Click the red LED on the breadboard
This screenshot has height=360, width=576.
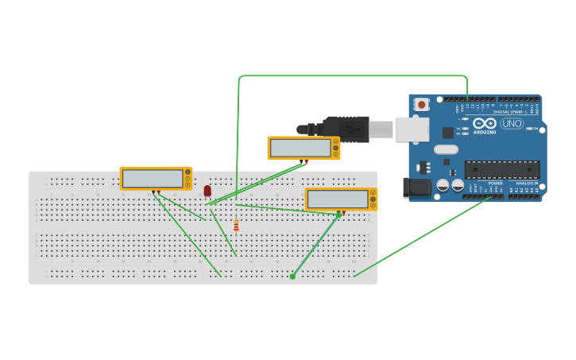207,190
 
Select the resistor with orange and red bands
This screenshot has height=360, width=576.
236,225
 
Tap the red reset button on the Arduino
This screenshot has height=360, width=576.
421,104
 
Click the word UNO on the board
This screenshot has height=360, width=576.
512,123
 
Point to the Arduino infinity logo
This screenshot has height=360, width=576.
485,123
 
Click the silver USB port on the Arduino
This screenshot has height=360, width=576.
412,129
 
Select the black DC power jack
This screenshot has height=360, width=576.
416,188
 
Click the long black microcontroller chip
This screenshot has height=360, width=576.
501,168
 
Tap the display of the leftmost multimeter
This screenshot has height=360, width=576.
153,179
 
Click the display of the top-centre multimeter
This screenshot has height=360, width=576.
300,148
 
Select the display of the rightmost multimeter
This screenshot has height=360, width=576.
338,199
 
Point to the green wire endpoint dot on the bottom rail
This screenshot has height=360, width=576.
292,277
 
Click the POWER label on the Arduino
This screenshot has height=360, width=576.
496,183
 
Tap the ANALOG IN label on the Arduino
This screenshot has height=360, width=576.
526,183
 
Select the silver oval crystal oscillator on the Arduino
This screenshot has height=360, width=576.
446,149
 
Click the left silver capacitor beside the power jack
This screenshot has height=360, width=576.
443,185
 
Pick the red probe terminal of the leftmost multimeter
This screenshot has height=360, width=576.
159,192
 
